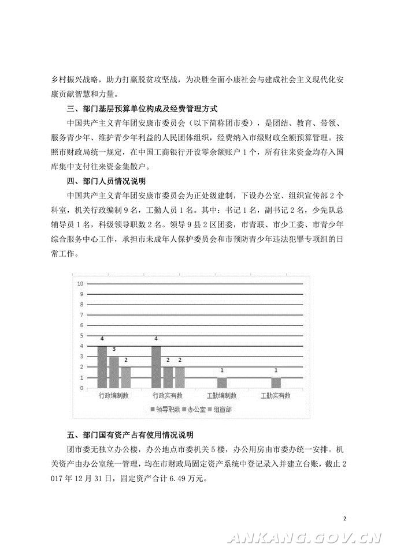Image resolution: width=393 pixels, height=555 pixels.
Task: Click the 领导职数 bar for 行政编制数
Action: (102, 367)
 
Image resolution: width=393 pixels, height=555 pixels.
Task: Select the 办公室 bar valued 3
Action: (114, 372)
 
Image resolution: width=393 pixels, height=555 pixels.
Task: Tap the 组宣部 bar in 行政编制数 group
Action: (125, 377)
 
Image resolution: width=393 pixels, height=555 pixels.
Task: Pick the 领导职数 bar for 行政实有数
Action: (156, 367)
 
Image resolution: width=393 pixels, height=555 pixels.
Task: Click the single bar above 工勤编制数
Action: (222, 382)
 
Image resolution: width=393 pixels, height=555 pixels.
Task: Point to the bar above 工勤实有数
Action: (276, 382)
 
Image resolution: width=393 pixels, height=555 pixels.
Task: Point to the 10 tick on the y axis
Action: (81, 283)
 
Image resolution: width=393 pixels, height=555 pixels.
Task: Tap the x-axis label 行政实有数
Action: (168, 396)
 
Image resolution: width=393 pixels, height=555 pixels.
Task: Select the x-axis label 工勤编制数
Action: (222, 396)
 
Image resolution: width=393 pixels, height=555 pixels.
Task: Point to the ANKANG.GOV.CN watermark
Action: (306, 539)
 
